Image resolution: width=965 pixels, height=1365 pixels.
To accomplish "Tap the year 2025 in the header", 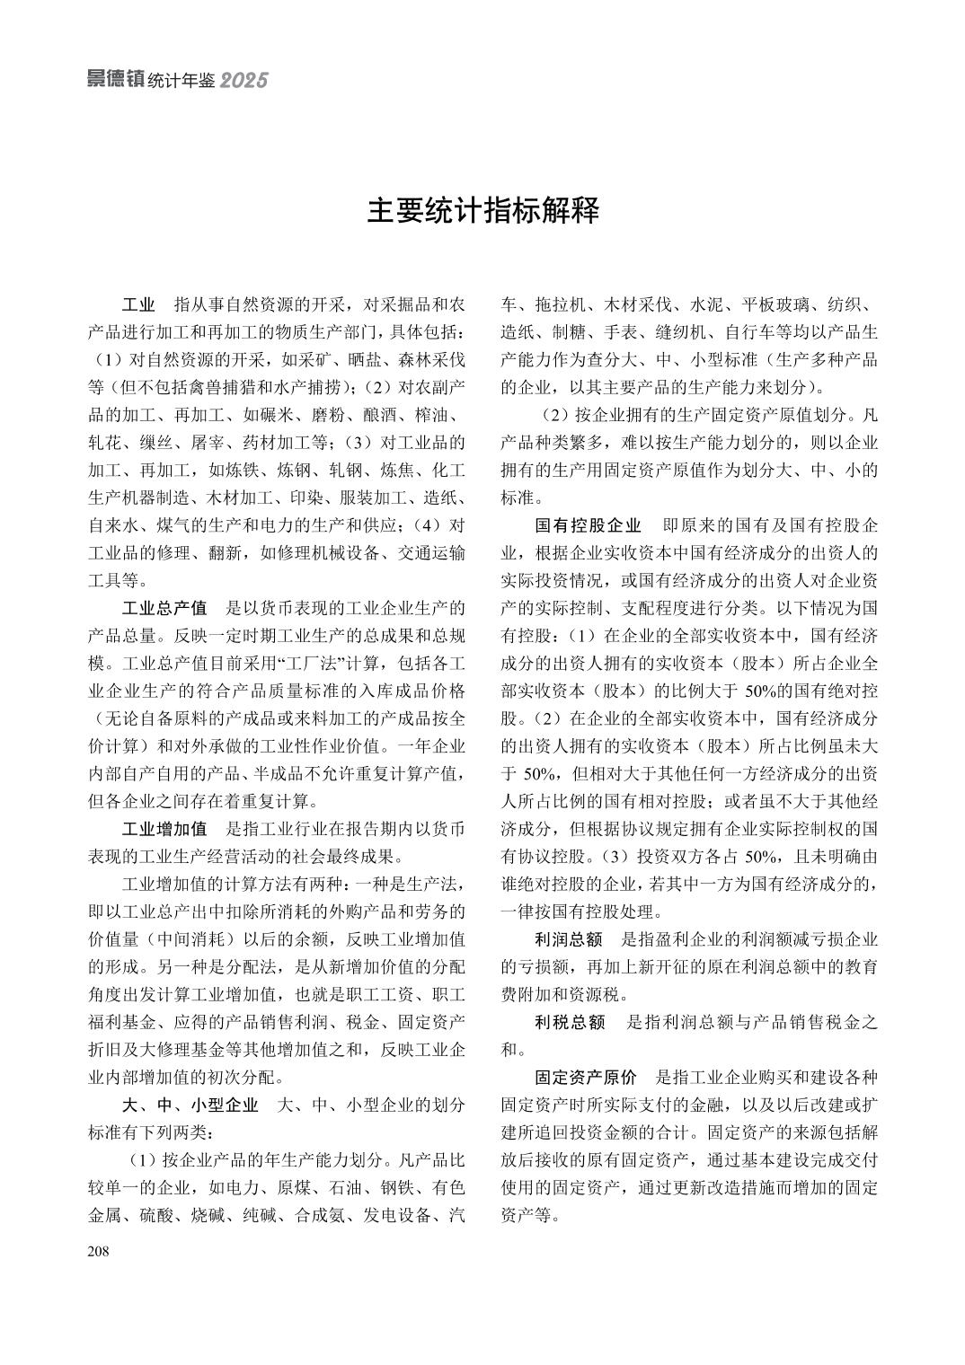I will point(244,81).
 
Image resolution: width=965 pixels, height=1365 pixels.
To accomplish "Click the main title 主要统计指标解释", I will point(482,212).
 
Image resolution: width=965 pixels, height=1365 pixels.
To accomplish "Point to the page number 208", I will point(98,1252).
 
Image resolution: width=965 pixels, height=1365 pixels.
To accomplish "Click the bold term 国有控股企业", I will point(588,525).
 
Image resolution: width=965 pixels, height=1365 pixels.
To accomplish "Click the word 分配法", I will point(256,967).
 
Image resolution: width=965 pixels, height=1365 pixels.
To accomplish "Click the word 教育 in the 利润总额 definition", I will point(856,967).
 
